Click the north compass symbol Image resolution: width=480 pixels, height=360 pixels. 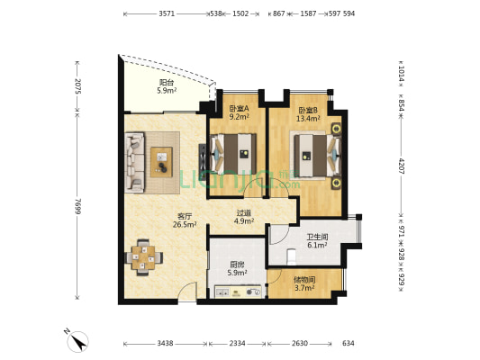[x=77, y=340]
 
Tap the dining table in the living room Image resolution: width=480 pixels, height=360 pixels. [x=143, y=257]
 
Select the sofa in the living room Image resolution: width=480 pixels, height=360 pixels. [x=134, y=162]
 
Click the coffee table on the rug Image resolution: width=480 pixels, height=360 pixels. [x=161, y=162]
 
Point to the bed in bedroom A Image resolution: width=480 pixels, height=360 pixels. [x=233, y=154]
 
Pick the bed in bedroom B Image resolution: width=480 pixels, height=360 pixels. [x=318, y=156]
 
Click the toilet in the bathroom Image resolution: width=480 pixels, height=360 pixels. [x=292, y=256]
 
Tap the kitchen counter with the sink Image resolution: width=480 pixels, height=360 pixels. [x=238, y=292]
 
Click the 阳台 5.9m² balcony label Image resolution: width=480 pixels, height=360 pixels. [x=167, y=86]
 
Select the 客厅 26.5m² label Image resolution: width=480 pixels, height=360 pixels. [x=185, y=220]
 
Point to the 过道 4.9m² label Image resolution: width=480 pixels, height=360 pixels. [x=244, y=217]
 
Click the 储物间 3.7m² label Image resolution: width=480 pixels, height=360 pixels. [x=304, y=283]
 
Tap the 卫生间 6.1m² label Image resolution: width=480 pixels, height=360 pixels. [x=318, y=241]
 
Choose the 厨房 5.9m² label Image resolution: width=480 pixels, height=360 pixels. [x=237, y=268]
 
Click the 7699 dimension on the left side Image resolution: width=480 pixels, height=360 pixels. [x=77, y=206]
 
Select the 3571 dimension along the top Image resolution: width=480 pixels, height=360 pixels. [x=167, y=13]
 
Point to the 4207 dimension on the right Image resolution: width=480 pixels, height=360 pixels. [x=402, y=166]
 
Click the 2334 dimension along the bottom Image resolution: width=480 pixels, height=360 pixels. [x=237, y=344]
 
